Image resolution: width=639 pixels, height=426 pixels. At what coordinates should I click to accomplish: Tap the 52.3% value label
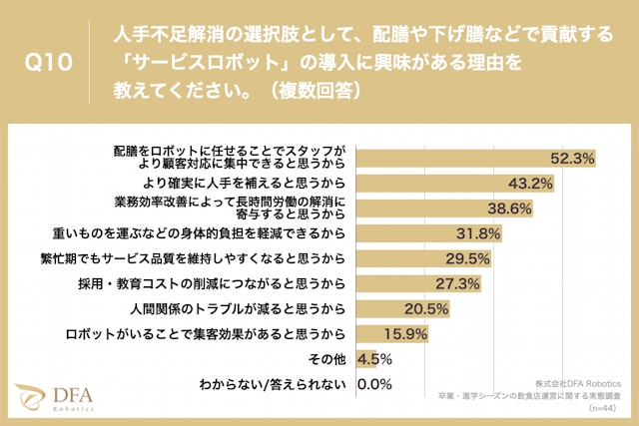573,158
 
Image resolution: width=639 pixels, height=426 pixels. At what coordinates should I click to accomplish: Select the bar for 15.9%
368,333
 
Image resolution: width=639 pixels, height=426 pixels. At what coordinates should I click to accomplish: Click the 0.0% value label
372,383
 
